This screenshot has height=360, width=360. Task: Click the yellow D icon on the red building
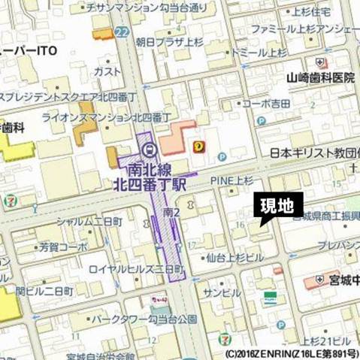click(x=198, y=145)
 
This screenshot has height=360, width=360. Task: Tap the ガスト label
click(x=108, y=70)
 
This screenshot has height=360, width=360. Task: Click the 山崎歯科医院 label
click(x=319, y=78)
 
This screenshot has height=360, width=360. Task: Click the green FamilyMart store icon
click(x=269, y=297)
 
